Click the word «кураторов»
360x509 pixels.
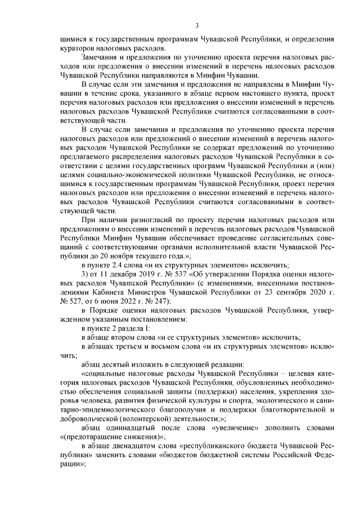[x=78, y=49]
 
